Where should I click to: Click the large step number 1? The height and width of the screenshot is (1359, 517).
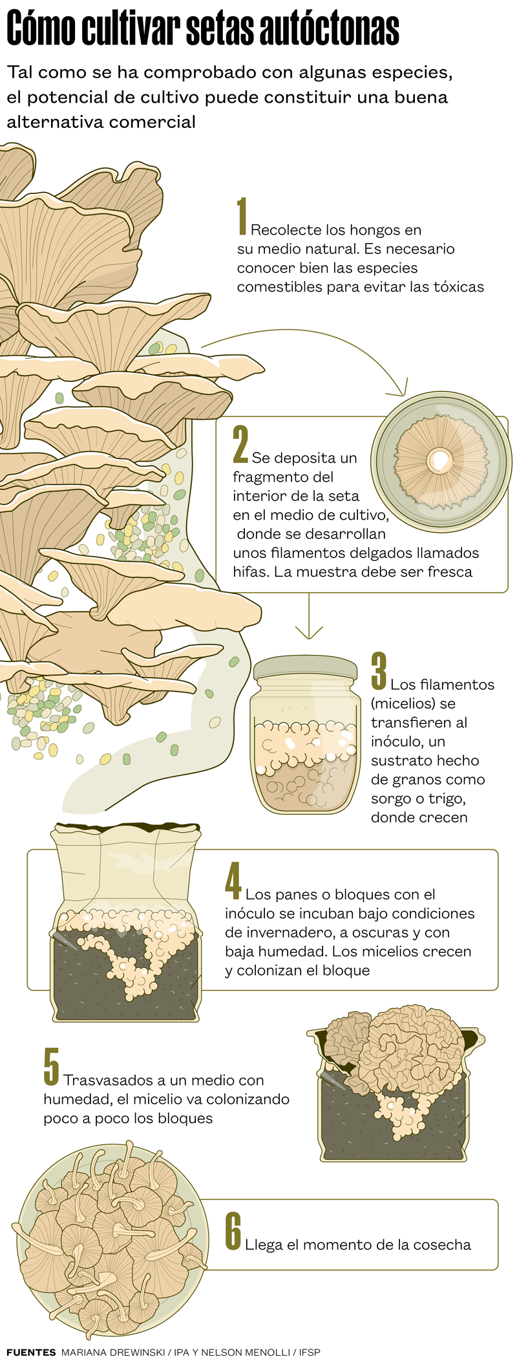(x=242, y=216)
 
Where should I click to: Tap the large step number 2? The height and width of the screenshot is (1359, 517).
(x=240, y=444)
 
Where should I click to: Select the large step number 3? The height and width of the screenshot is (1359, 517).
(x=379, y=671)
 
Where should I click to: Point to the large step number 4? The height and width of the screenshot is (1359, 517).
(x=233, y=881)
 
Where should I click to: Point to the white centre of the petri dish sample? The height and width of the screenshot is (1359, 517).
(x=441, y=460)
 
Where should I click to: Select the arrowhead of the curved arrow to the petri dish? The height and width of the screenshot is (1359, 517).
(x=397, y=388)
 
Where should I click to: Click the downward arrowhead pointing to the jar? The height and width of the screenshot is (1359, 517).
(x=309, y=632)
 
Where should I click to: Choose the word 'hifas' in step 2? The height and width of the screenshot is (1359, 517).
(x=249, y=572)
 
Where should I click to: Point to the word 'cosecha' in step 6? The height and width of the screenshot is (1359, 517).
(x=445, y=1245)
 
